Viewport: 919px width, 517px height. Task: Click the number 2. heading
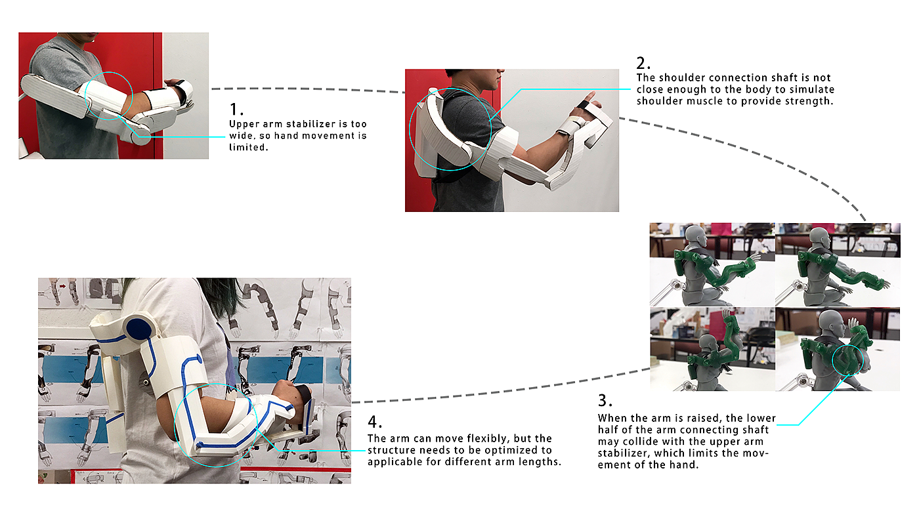tap(643, 64)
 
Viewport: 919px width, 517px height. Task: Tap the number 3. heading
tap(605, 401)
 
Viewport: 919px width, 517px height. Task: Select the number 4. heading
tap(375, 421)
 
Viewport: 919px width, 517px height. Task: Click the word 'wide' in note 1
tap(239, 136)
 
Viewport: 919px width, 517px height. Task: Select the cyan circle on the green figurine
tap(848, 360)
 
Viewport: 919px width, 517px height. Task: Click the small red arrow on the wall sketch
tap(62, 286)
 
